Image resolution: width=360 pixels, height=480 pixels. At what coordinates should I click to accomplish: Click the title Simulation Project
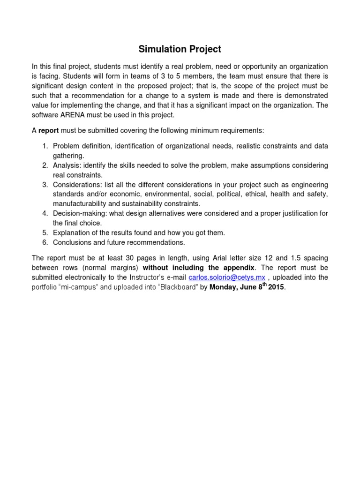(180, 49)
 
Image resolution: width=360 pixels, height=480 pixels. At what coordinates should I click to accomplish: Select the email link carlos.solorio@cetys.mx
(226, 277)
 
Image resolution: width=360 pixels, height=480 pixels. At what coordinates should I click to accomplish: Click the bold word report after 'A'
(48, 130)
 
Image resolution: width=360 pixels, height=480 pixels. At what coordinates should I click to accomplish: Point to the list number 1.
(45, 146)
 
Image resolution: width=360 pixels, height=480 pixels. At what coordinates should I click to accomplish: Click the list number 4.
(45, 213)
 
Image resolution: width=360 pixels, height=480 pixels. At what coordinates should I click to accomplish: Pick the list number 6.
(45, 242)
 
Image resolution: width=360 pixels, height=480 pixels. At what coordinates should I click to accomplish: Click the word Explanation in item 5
(71, 232)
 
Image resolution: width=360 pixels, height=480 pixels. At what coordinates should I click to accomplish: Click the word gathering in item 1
(68, 155)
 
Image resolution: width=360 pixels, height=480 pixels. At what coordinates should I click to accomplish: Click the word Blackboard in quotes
(178, 287)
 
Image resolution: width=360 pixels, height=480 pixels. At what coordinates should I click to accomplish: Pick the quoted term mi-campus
(77, 287)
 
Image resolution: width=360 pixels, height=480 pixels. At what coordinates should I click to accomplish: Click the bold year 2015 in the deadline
(276, 287)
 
